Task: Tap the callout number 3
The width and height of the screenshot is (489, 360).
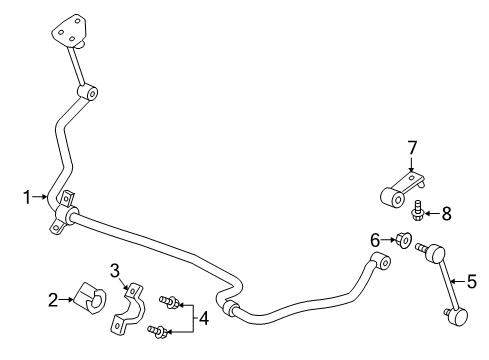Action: click(115, 270)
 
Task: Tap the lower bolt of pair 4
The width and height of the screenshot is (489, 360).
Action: click(155, 329)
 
